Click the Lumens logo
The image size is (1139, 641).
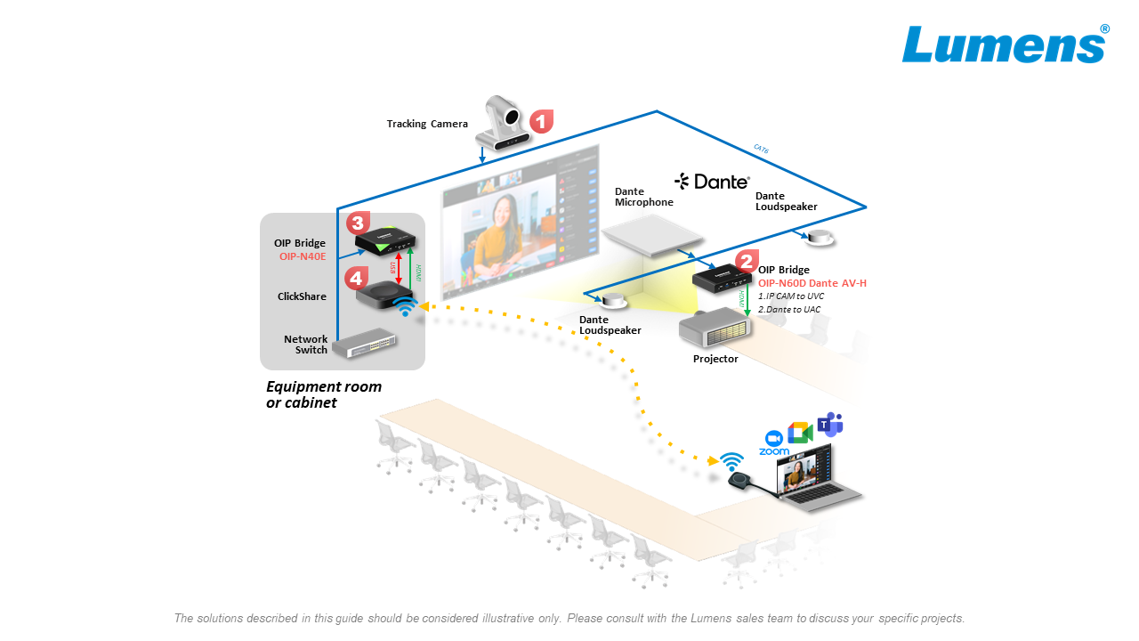(1004, 45)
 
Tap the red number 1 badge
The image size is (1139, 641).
(541, 121)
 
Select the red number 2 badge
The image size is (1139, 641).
(746, 261)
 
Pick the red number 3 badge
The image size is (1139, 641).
(358, 222)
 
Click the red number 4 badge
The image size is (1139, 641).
(356, 277)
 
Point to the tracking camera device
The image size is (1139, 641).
(504, 124)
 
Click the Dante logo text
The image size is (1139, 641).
(713, 182)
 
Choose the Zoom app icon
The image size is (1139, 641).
(773, 442)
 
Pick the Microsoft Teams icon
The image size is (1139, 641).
(830, 425)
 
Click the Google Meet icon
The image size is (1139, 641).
(800, 432)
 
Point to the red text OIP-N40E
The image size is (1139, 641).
(303, 256)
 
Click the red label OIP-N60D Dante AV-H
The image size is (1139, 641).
(812, 283)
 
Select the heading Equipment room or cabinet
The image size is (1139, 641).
(324, 394)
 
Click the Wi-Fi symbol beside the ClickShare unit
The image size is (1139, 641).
(405, 308)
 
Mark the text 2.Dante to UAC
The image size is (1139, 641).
(789, 309)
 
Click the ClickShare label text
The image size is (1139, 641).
(302, 296)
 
